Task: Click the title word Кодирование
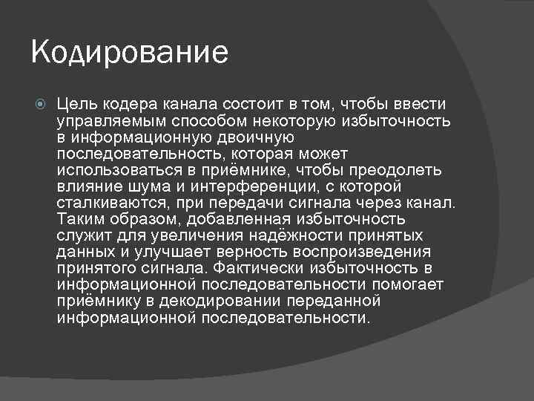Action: (130, 54)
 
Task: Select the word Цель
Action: (76, 105)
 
